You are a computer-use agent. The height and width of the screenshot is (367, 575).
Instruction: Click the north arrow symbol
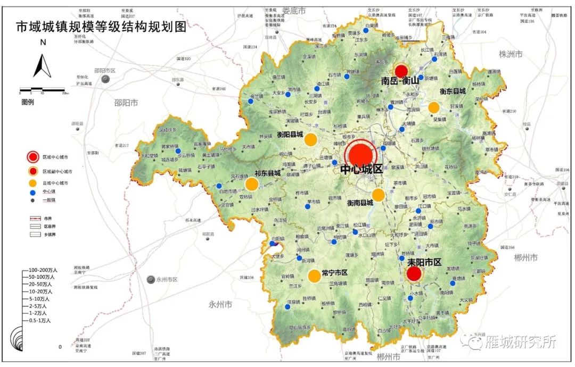(42, 66)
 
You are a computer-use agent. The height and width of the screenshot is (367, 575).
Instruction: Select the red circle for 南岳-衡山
(401, 71)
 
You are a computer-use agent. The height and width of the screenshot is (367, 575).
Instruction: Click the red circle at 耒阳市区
(414, 274)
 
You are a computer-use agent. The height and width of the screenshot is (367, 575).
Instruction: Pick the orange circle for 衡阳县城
(311, 140)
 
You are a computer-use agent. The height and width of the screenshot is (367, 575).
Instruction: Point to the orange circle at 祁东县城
(252, 184)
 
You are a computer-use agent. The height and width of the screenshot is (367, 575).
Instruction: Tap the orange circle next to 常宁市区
(314, 276)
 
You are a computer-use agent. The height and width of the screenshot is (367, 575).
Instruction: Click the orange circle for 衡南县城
(378, 195)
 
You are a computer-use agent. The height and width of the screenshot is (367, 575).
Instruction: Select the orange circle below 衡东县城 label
(434, 107)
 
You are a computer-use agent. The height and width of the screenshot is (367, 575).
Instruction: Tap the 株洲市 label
(511, 54)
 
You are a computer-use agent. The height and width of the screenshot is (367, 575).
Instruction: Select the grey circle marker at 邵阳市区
(106, 79)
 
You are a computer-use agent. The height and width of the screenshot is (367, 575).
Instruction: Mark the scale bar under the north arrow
(43, 90)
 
